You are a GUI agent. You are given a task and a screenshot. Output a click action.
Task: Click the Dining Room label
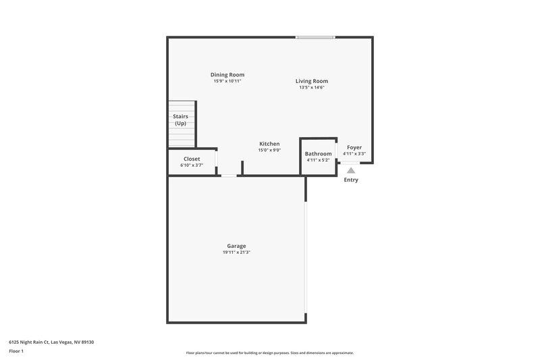tap(227, 74)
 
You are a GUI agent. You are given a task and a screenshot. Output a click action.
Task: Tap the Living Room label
tap(312, 81)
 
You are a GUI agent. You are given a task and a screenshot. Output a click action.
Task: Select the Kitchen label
tap(269, 144)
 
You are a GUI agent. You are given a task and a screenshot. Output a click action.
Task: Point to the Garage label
tap(236, 246)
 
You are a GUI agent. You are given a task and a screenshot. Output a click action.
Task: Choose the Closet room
tap(192, 161)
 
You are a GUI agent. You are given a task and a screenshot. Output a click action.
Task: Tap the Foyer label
tap(354, 147)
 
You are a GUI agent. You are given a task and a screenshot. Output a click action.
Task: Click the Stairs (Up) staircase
tap(181, 124)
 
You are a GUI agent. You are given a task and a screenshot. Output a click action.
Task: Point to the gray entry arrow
tap(351, 171)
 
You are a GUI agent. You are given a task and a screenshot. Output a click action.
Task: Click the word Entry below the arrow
tap(351, 180)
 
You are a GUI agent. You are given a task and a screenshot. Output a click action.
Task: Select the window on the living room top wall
tap(315, 37)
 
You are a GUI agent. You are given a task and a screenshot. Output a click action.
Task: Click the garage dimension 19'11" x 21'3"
tap(236, 253)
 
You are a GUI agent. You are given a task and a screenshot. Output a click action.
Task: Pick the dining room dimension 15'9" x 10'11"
tap(227, 81)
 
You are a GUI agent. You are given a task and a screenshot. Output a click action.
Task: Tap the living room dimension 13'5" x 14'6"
tap(312, 87)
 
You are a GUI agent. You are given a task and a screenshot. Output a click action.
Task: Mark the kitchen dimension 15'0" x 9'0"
tap(269, 150)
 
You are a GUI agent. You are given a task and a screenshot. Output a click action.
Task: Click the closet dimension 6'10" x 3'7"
tap(192, 165)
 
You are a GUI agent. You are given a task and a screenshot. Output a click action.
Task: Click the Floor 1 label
tap(16, 352)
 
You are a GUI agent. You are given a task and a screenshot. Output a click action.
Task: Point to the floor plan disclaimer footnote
tap(269, 353)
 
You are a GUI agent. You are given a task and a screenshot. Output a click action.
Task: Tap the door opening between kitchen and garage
tap(230, 176)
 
